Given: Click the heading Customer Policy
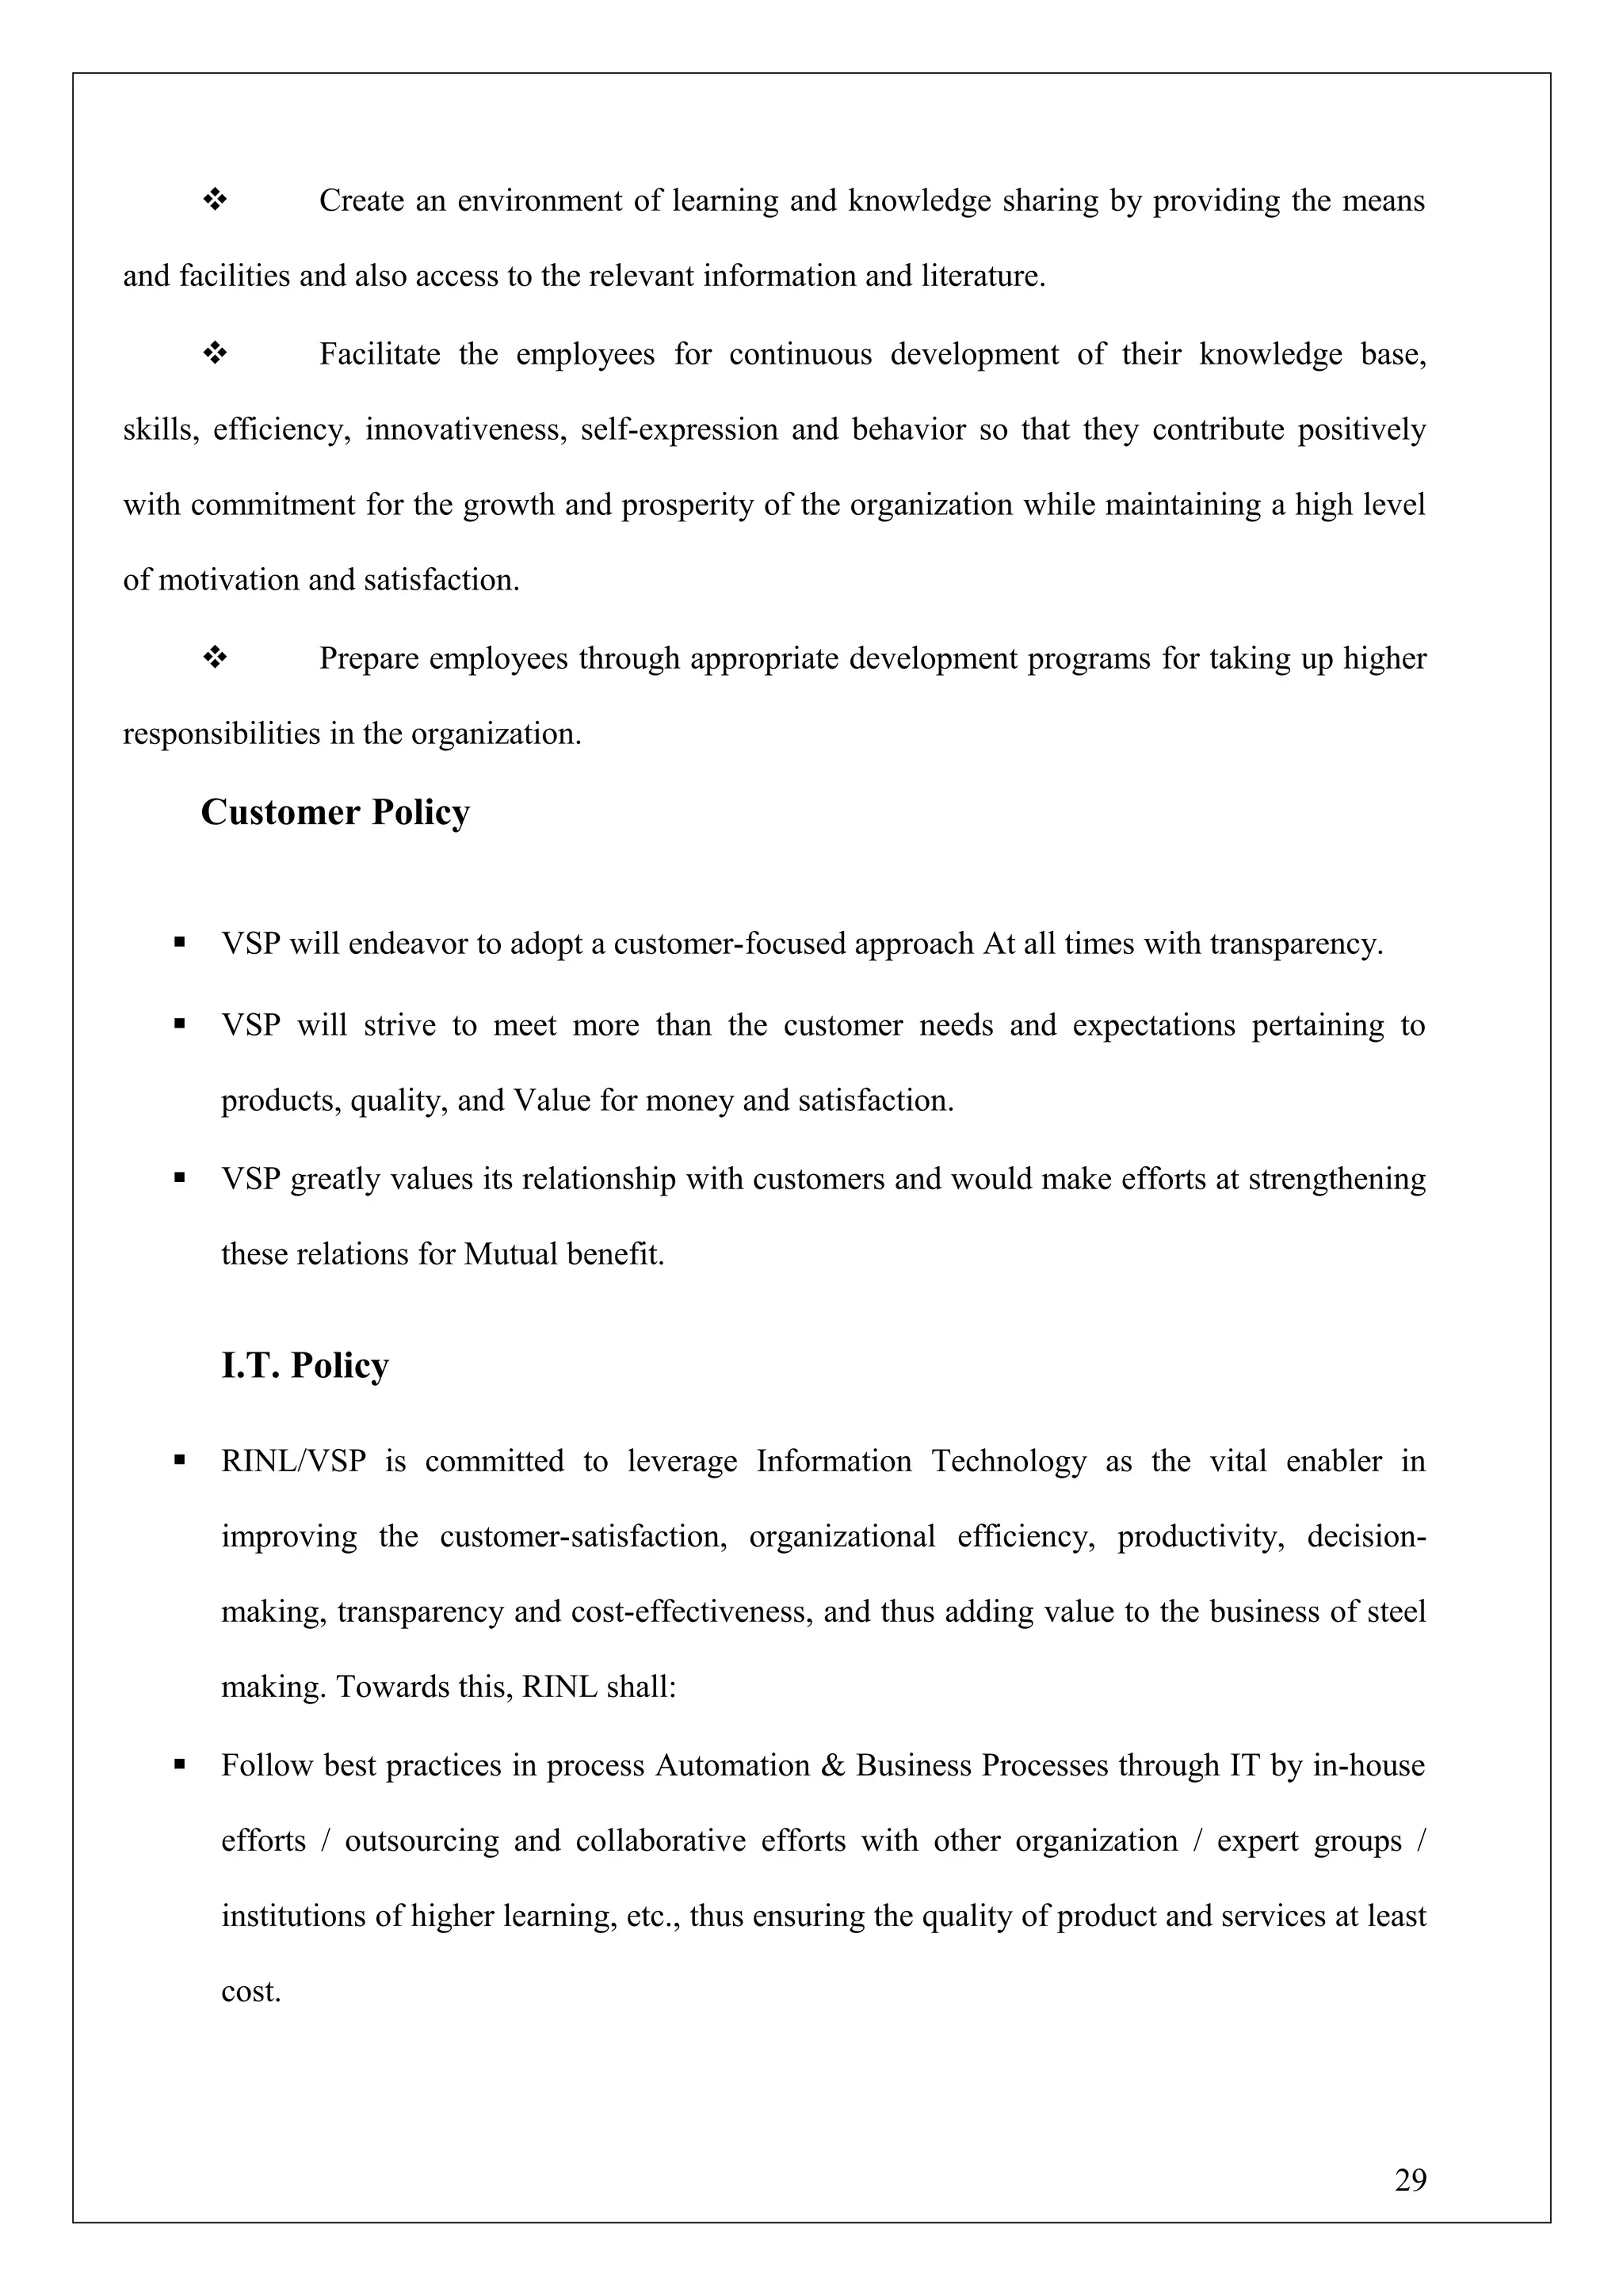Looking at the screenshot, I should click(335, 812).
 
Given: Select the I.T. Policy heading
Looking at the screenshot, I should click(305, 1365).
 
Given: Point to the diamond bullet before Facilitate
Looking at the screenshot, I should click(215, 354).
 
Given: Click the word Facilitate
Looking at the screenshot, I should click(379, 354).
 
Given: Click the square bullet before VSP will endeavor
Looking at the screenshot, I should click(180, 943).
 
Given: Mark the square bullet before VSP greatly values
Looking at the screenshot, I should click(180, 1179).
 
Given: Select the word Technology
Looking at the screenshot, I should click(1009, 1461).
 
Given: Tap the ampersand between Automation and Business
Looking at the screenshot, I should click(832, 1765).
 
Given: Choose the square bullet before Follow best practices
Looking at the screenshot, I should click(180, 1765).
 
